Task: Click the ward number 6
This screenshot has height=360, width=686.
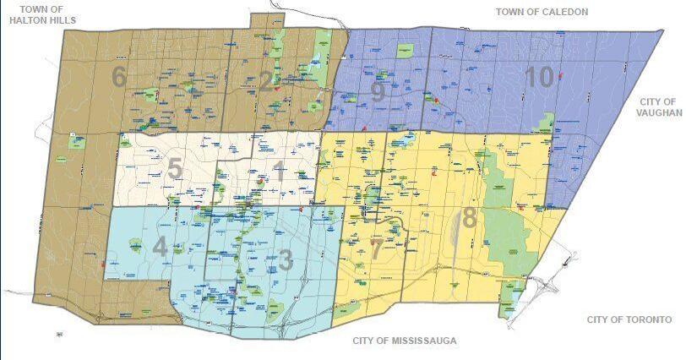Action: point(119,77)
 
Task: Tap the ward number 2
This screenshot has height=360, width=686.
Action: point(266,82)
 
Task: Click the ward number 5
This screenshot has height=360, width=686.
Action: point(174,170)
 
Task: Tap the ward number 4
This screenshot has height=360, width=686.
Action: point(161,248)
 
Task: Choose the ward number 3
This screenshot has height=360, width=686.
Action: point(286,260)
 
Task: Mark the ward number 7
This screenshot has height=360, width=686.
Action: point(377,248)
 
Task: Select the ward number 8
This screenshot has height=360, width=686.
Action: point(469,218)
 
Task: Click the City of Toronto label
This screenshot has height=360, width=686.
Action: point(629,319)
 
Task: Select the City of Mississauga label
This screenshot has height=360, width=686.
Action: point(404,341)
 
